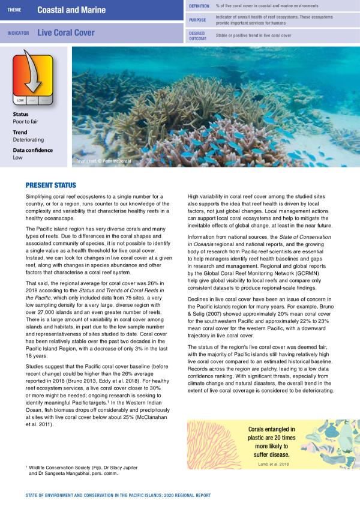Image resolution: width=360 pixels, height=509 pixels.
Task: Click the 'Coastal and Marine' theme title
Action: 71,10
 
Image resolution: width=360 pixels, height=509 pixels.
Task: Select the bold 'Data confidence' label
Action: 33,150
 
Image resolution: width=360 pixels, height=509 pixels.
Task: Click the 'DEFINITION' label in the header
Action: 199,5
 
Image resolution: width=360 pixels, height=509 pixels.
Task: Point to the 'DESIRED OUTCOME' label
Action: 197,35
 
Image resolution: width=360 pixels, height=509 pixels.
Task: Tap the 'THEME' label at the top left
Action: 15,10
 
